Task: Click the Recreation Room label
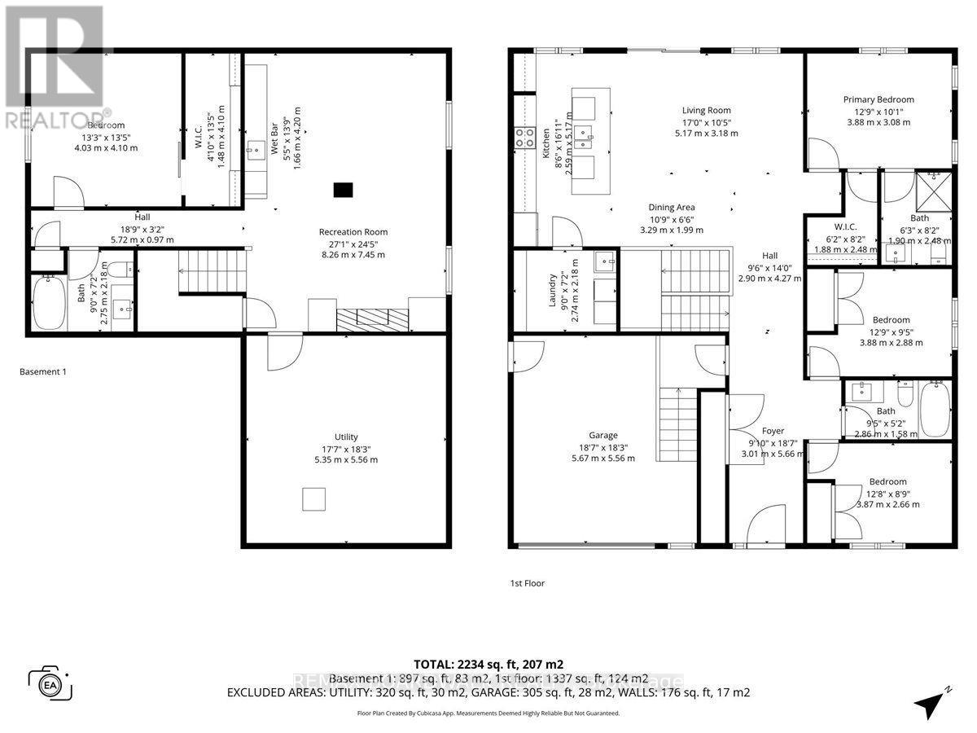coord(351,231)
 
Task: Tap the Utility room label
coord(346,437)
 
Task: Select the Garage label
coord(603,435)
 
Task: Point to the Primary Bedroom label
coord(878,99)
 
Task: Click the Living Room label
coord(706,110)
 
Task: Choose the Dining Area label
coord(672,207)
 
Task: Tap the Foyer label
coord(773,431)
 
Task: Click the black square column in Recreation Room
coord(344,190)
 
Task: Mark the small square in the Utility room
coord(314,498)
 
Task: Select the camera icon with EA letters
coord(50,683)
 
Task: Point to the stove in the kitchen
coord(524,137)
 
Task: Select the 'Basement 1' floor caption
coord(42,371)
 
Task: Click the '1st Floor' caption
coord(527,583)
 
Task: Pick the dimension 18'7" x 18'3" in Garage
coord(603,447)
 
